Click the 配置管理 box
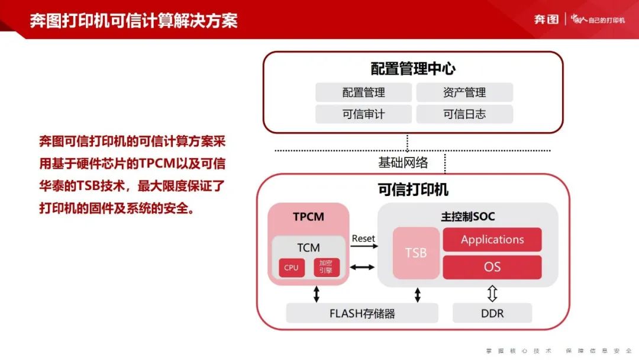point(363,92)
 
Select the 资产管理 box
point(464,92)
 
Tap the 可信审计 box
point(363,114)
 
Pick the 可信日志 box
point(464,114)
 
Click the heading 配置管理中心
point(413,69)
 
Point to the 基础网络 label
point(403,162)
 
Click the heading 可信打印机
point(413,189)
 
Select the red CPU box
point(291,268)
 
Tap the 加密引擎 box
point(326,267)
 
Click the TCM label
point(308,247)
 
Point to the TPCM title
point(308,217)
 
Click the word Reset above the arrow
point(363,238)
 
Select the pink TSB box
point(416,253)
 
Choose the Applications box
point(492,239)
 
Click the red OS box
point(492,267)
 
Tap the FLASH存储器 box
point(362,313)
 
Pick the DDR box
point(492,313)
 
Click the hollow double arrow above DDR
point(492,293)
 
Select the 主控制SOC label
point(468,216)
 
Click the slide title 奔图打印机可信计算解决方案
point(134,20)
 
